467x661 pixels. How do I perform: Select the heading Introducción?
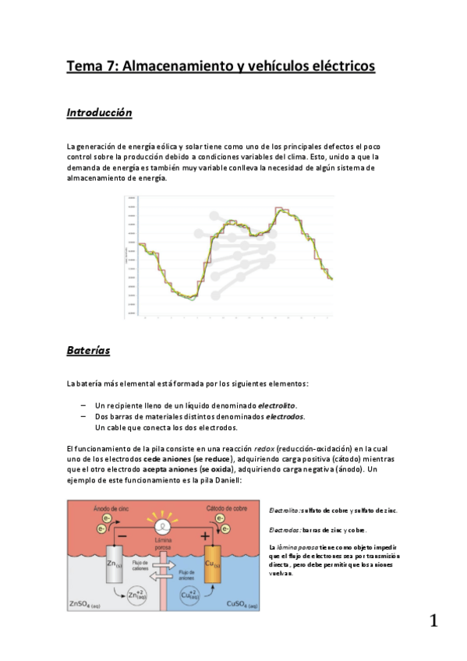[x=98, y=113]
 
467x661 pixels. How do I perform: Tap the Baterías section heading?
[x=88, y=351]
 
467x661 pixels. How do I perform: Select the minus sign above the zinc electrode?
[x=121, y=536]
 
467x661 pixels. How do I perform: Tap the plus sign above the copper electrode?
[x=206, y=536]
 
